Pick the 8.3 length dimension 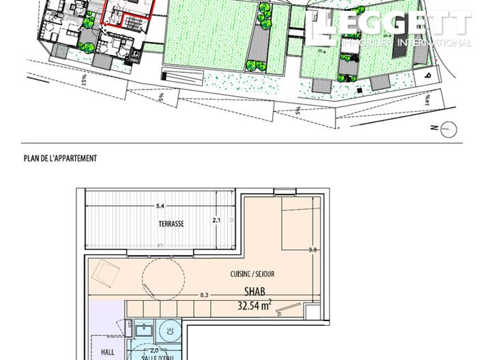tap(203, 295)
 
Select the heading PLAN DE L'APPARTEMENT tap(60, 158)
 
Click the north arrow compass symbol tap(448, 127)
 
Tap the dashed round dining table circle tap(162, 279)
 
